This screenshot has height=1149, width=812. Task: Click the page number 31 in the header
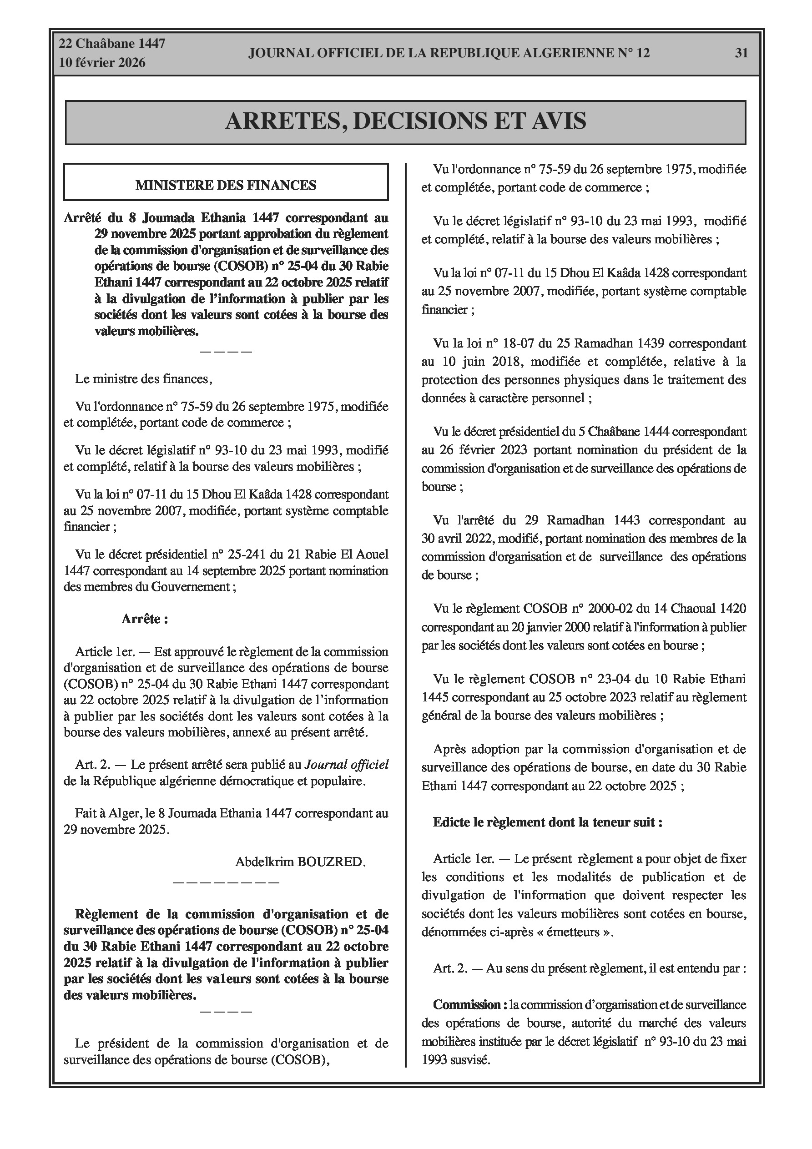click(741, 53)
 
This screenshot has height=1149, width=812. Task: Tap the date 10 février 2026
click(102, 63)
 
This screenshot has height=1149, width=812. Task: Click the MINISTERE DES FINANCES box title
click(226, 185)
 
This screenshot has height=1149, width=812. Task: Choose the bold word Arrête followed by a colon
click(144, 619)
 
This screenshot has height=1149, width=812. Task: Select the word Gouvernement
click(190, 586)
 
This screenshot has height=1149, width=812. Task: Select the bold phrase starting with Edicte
click(548, 822)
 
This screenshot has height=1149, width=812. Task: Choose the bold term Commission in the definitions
click(467, 1004)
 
